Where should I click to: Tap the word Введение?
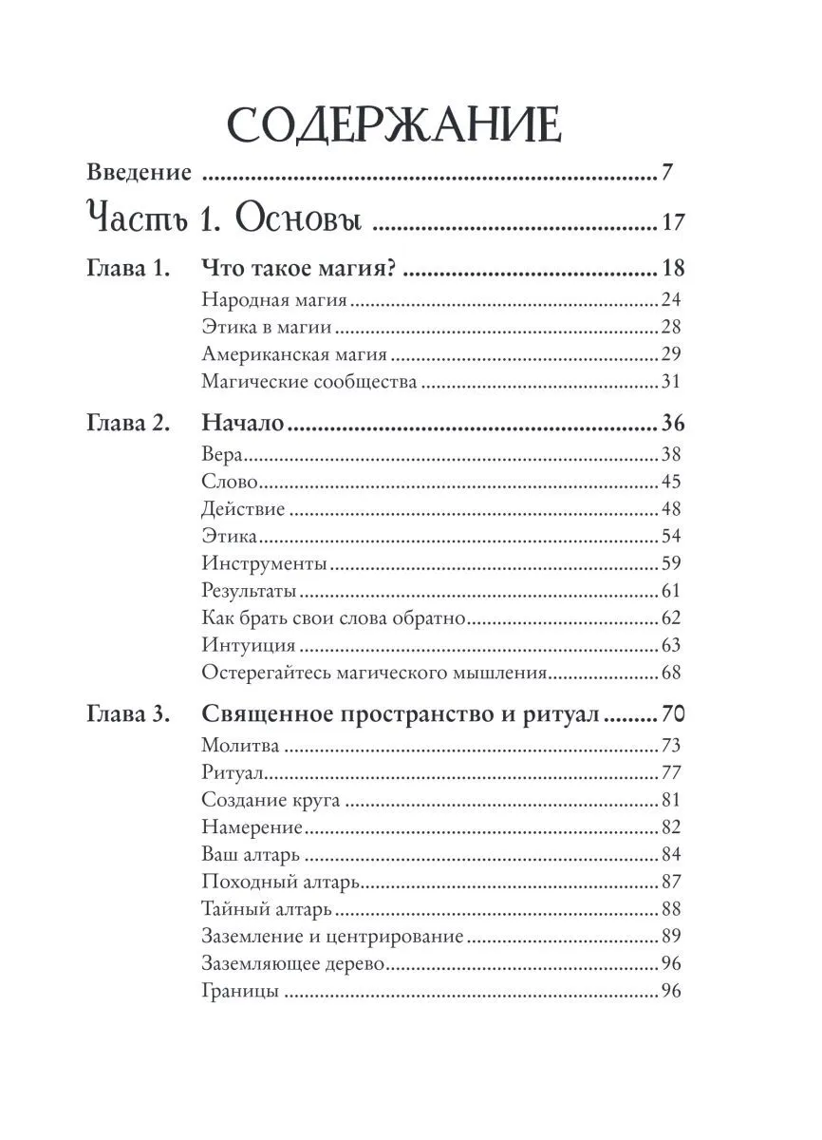[x=139, y=173]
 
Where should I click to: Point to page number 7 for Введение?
[x=667, y=173]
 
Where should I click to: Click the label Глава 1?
[x=128, y=269]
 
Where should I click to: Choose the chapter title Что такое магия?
[x=299, y=269]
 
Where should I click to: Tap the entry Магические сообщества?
[x=309, y=383]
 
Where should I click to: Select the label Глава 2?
[x=128, y=424]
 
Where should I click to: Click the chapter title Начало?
[x=243, y=424]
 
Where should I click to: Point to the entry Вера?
[x=223, y=454]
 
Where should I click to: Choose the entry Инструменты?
[x=265, y=564]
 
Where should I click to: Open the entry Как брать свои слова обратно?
[x=334, y=618]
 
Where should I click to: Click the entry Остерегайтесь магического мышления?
[x=375, y=674]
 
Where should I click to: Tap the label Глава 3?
[x=128, y=714]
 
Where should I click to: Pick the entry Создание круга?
[x=271, y=800]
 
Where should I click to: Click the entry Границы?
[x=240, y=992]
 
